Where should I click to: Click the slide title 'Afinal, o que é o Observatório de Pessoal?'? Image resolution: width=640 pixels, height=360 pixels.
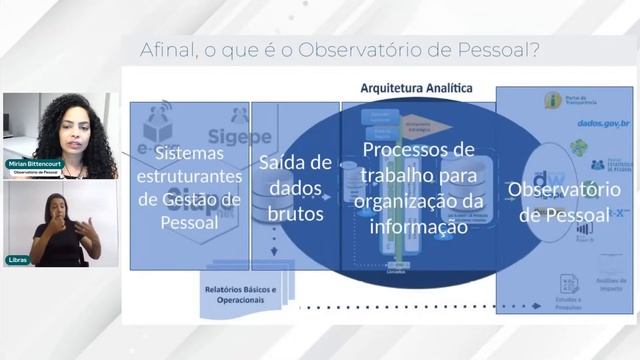coord(341,49)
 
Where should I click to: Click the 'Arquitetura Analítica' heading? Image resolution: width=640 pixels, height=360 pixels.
coord(416,88)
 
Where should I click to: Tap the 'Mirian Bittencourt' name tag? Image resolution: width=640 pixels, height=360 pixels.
coord(35,164)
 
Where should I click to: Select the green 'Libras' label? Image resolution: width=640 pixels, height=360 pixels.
coord(18,260)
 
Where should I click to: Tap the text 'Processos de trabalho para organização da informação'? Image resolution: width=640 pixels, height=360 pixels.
coord(417,187)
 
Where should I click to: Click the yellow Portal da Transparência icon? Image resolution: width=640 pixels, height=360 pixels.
coord(553,100)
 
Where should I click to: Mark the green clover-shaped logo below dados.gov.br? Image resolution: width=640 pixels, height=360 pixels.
coord(579,148)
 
